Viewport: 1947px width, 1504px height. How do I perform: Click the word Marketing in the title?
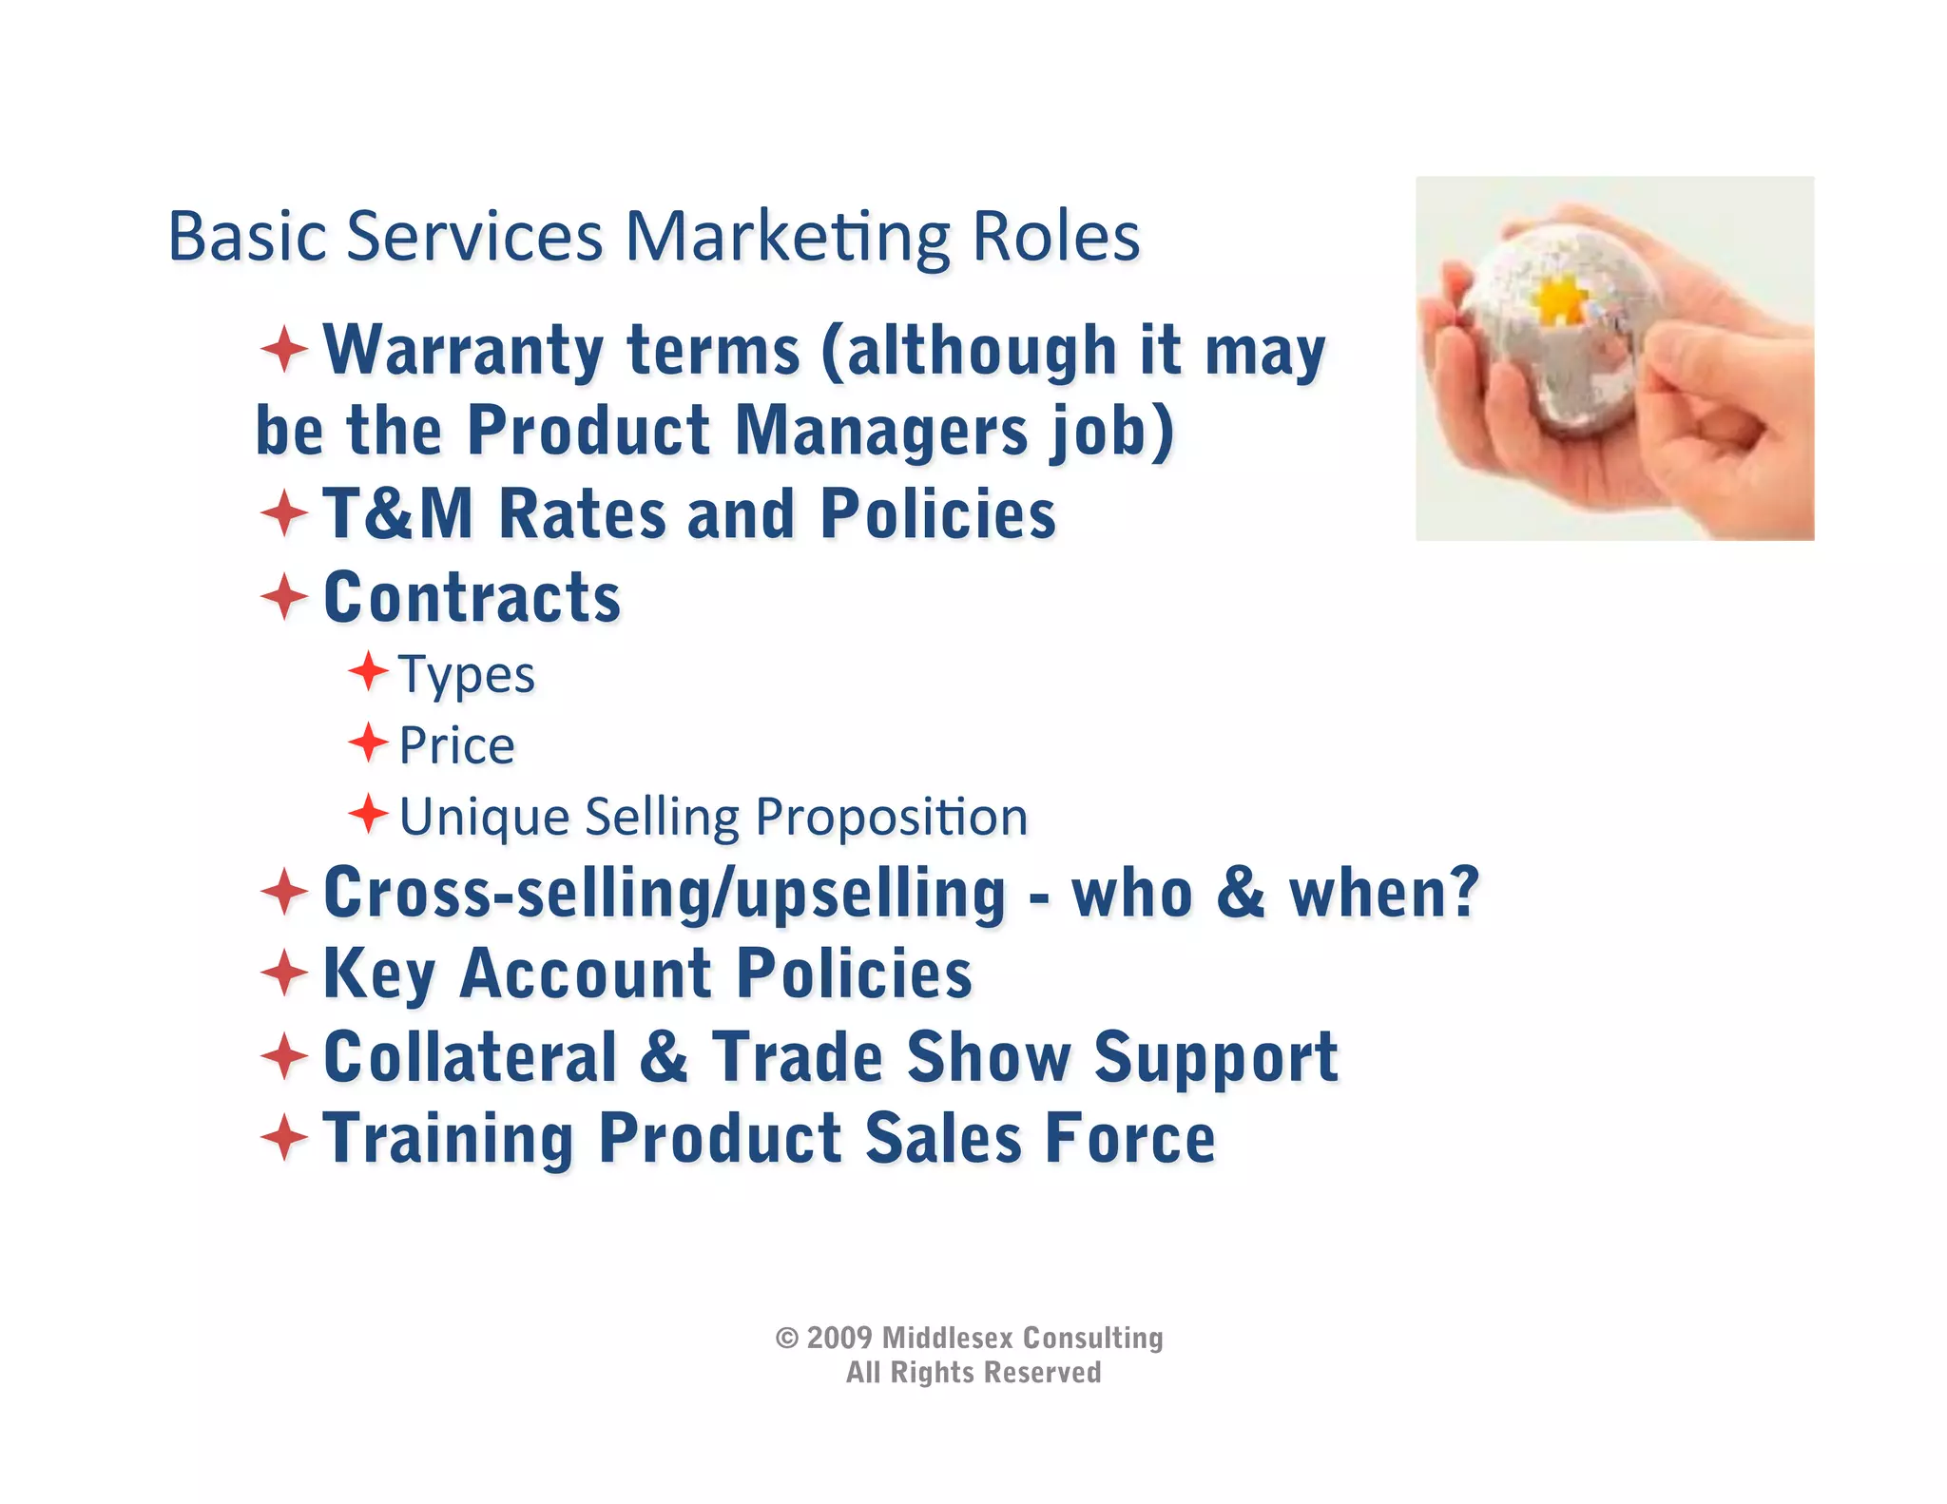coord(787,238)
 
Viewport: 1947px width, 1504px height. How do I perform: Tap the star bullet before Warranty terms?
coord(284,349)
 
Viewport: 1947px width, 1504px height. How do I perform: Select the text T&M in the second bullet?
coord(398,514)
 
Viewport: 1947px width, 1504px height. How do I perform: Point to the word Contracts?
coord(472,598)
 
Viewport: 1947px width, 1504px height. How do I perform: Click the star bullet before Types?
coord(368,672)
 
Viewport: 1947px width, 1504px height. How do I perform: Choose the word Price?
coord(456,745)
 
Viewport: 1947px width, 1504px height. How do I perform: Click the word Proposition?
coord(891,818)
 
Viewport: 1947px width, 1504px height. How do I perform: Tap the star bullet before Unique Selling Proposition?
coord(368,814)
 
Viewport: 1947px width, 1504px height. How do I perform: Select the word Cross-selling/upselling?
coord(665,895)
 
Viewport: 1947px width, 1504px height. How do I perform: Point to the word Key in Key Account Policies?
coord(379,974)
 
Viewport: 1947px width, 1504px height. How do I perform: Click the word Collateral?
coord(471,1056)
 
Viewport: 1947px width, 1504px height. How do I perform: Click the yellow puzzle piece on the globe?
coord(1560,300)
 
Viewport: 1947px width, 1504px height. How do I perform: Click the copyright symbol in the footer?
coord(786,1339)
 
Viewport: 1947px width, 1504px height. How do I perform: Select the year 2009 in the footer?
coord(839,1339)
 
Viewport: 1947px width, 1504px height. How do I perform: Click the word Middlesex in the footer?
coord(947,1339)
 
